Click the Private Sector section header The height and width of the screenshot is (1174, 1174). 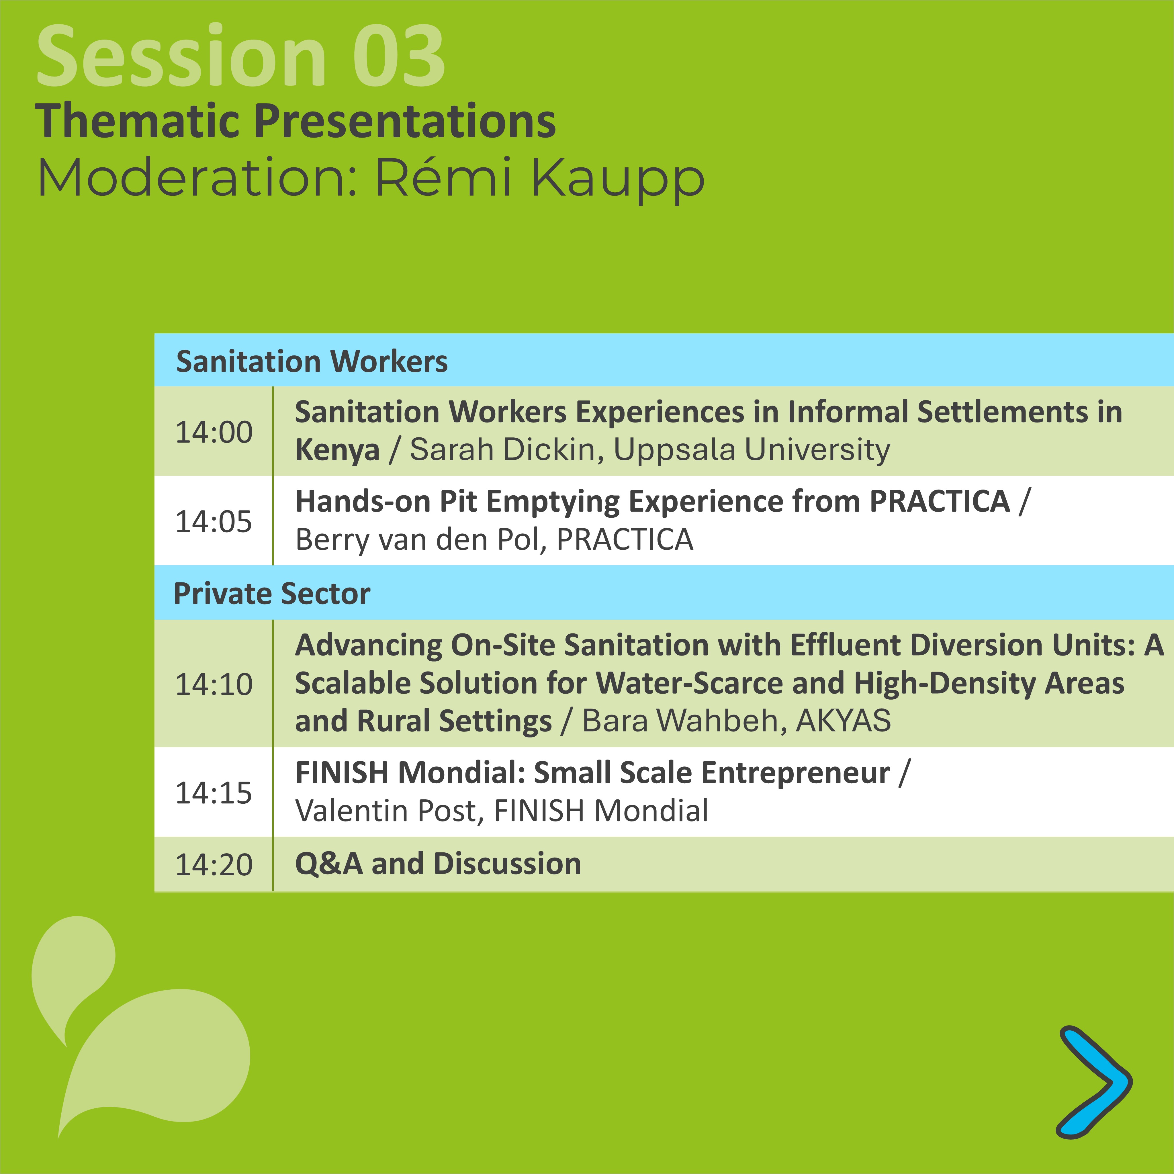tap(272, 594)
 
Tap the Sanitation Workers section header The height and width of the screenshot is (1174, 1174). tap(312, 361)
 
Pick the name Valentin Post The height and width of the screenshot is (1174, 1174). tap(389, 811)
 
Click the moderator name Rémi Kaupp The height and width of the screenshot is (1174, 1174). tap(540, 178)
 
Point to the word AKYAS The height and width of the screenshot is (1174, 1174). tap(844, 721)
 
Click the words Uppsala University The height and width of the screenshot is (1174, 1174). tap(752, 450)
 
